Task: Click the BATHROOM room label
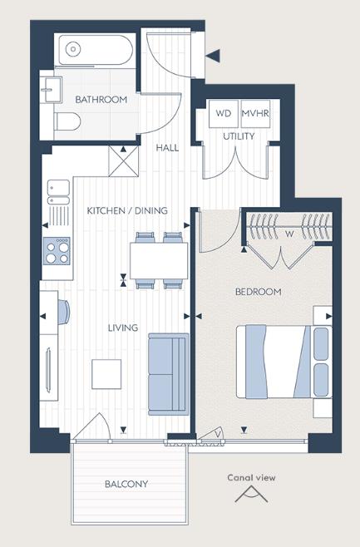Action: (101, 100)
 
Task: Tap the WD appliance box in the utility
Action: (223, 113)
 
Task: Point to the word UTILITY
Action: (238, 136)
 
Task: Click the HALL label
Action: (167, 148)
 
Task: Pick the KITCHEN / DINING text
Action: (127, 210)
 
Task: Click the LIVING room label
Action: (122, 328)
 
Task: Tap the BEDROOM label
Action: (259, 292)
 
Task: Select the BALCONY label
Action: (126, 484)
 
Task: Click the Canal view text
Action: (251, 478)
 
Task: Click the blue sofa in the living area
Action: (169, 372)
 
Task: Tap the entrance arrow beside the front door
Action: (214, 56)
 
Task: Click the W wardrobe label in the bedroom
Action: (288, 234)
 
